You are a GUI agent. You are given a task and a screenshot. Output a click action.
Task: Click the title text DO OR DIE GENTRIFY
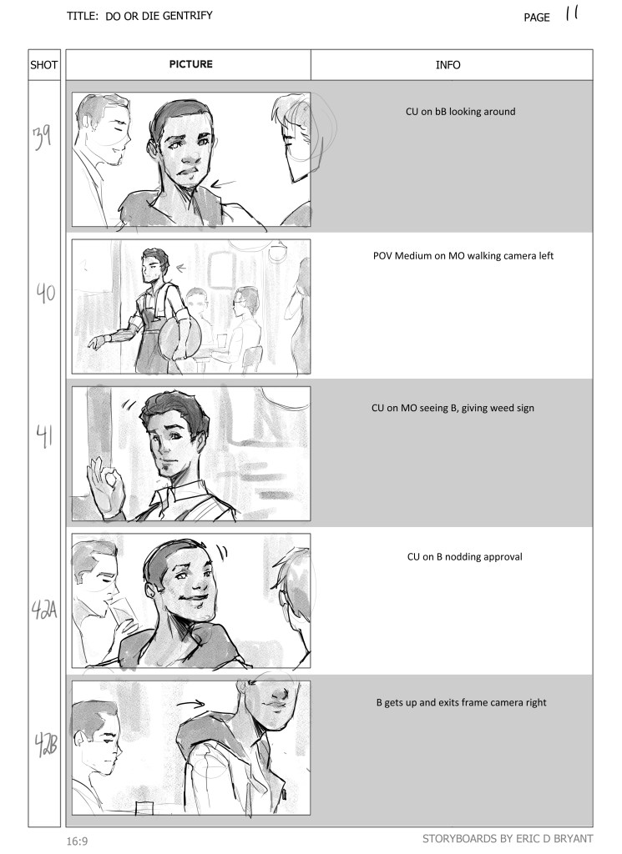point(159,16)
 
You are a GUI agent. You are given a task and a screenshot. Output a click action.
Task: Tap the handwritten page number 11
point(571,13)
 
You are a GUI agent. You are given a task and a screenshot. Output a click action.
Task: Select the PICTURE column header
point(191,63)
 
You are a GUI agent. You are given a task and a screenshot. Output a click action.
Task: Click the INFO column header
point(448,65)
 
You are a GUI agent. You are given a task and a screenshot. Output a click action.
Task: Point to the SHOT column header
point(43,65)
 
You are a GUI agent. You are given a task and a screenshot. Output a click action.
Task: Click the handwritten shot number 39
point(42,138)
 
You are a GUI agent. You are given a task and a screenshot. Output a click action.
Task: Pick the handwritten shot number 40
point(46,293)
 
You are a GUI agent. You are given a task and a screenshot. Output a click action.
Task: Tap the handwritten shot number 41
point(45,437)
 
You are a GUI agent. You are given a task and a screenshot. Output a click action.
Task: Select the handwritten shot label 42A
point(43,610)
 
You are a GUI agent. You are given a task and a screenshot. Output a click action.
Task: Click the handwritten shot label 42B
point(45,745)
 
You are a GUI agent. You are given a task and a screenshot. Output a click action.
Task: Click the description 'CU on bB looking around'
point(461,112)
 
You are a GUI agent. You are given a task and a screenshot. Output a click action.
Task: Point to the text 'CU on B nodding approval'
point(465,556)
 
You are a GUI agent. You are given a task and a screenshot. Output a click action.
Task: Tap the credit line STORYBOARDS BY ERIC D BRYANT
point(508,839)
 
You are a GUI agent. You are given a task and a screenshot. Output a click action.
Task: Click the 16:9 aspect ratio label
point(77,841)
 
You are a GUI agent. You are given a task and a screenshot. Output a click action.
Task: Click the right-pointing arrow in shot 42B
point(190,704)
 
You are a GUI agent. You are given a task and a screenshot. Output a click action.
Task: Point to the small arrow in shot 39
point(223,184)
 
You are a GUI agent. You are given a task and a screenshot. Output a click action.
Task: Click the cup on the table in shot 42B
point(144,807)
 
